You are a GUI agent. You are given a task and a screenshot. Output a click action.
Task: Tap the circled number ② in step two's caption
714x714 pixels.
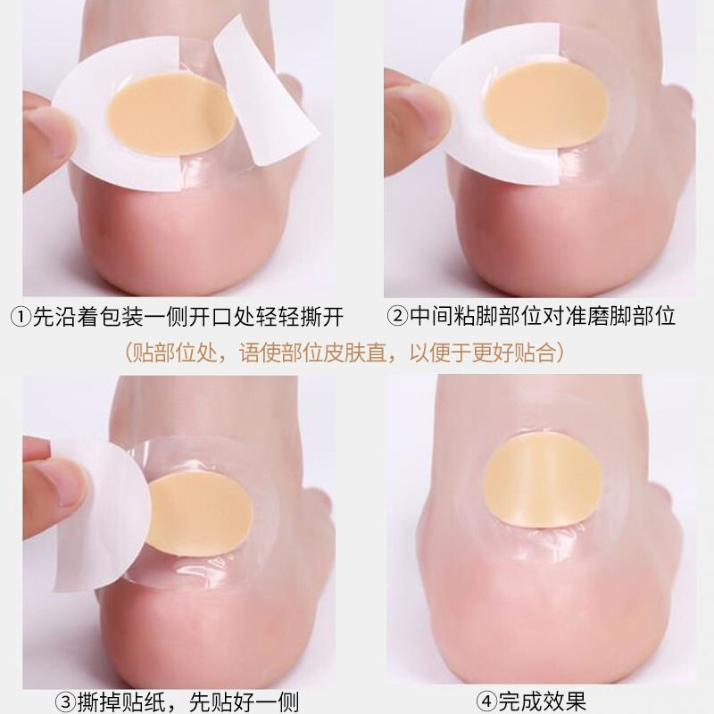(397, 316)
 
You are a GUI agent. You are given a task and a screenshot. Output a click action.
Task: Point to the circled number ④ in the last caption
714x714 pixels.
(486, 702)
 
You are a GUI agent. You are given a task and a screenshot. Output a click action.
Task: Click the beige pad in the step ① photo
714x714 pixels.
(170, 114)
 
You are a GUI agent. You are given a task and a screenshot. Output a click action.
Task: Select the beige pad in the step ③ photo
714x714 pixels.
(200, 513)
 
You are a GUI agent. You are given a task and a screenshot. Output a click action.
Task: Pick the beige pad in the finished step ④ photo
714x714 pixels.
(543, 480)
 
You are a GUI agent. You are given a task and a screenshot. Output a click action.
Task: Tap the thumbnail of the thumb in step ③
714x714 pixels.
(69, 481)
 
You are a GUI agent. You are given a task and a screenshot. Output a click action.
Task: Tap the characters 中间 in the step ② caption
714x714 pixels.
(431, 316)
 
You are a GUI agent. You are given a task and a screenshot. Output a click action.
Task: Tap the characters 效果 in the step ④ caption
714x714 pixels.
(564, 702)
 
